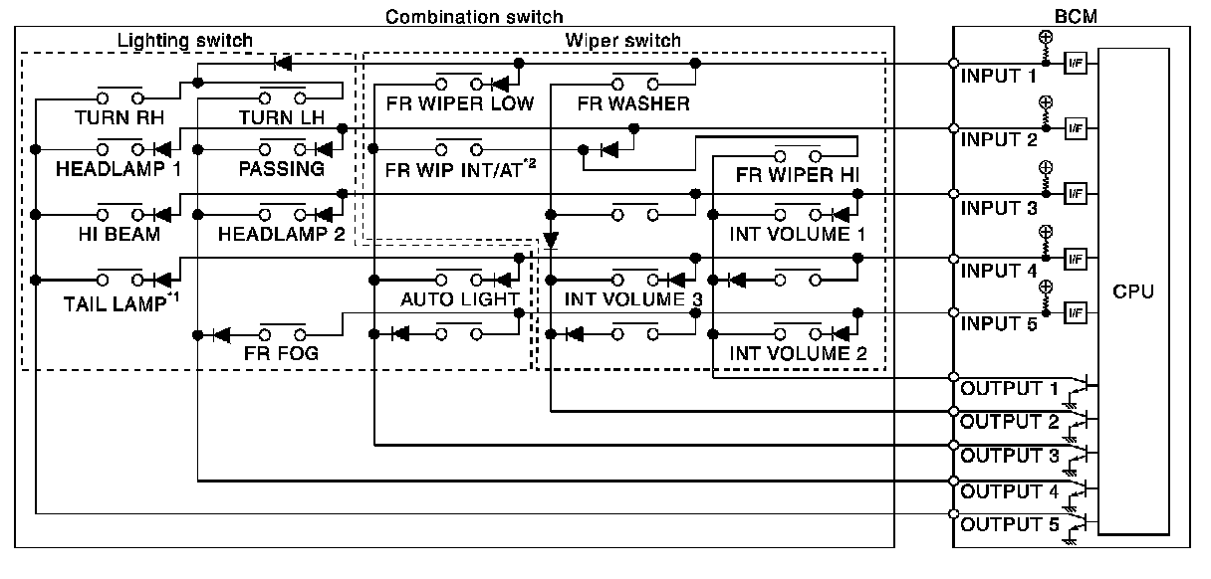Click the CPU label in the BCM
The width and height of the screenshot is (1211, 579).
click(1133, 291)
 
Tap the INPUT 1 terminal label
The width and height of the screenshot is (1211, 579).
click(998, 77)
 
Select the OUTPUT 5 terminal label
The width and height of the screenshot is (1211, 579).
click(1010, 524)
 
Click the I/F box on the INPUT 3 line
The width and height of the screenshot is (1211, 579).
click(1076, 193)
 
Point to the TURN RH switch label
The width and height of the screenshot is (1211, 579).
click(120, 117)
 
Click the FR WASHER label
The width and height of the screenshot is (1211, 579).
click(633, 103)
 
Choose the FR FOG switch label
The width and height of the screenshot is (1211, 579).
click(281, 353)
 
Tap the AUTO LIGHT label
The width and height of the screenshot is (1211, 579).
click(459, 299)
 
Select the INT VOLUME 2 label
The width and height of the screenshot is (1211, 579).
click(798, 353)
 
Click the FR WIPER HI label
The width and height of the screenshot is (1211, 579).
click(798, 175)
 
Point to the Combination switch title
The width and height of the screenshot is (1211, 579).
click(474, 17)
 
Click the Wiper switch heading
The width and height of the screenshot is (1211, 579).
click(622, 41)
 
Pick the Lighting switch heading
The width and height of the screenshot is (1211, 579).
click(185, 41)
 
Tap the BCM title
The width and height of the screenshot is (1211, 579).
click(1076, 17)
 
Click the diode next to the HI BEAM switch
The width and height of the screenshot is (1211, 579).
click(162, 215)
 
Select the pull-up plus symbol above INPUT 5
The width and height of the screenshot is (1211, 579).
click(1046, 287)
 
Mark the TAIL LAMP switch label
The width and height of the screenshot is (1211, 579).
click(121, 303)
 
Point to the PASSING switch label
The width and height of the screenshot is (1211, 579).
click(281, 169)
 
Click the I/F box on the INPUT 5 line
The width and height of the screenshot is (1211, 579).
click(1076, 312)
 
